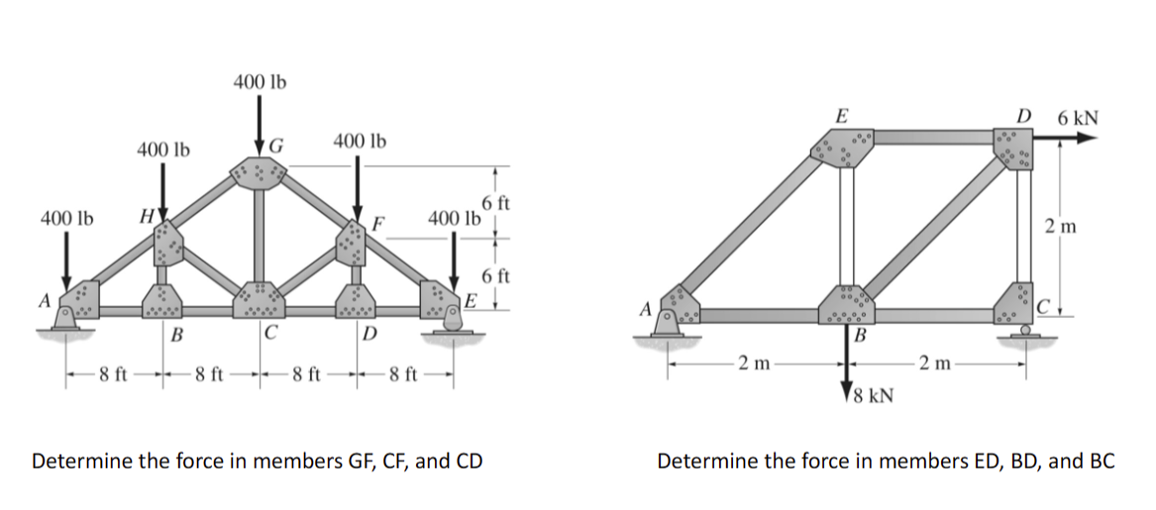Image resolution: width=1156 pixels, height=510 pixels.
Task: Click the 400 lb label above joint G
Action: click(x=260, y=81)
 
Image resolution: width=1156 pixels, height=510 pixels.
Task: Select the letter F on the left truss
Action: click(x=378, y=223)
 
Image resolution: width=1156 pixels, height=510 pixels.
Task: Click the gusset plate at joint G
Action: click(x=259, y=172)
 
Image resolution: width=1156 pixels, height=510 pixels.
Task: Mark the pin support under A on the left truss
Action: click(x=67, y=320)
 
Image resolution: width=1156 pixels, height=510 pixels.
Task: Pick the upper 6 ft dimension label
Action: click(x=495, y=205)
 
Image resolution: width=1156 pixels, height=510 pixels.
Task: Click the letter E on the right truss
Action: click(x=841, y=116)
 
